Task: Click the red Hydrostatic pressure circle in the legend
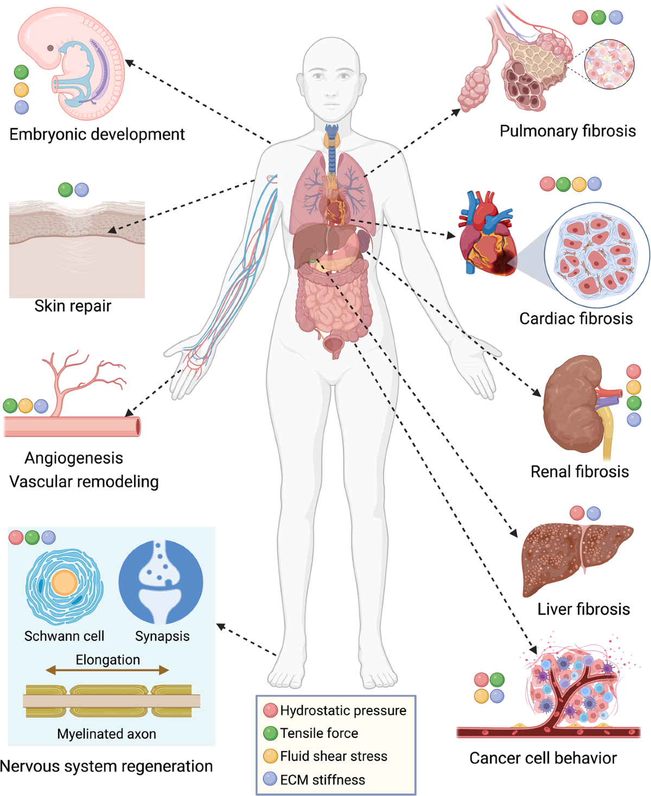pos(270,710)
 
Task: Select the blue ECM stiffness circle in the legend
pos(270,779)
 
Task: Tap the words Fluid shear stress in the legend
pos(334,756)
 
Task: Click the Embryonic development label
pos(97,134)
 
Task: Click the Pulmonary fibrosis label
pos(567,131)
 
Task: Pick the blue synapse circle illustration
pos(161,582)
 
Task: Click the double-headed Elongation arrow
pos(107,671)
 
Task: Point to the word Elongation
pos(107,659)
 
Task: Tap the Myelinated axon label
pos(106,734)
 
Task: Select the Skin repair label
pos(73,306)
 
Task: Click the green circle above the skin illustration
pos(65,190)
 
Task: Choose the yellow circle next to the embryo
pos(21,90)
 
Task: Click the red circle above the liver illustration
pos(577,513)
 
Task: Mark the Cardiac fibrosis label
pos(576,318)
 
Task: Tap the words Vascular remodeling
pos(84,481)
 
